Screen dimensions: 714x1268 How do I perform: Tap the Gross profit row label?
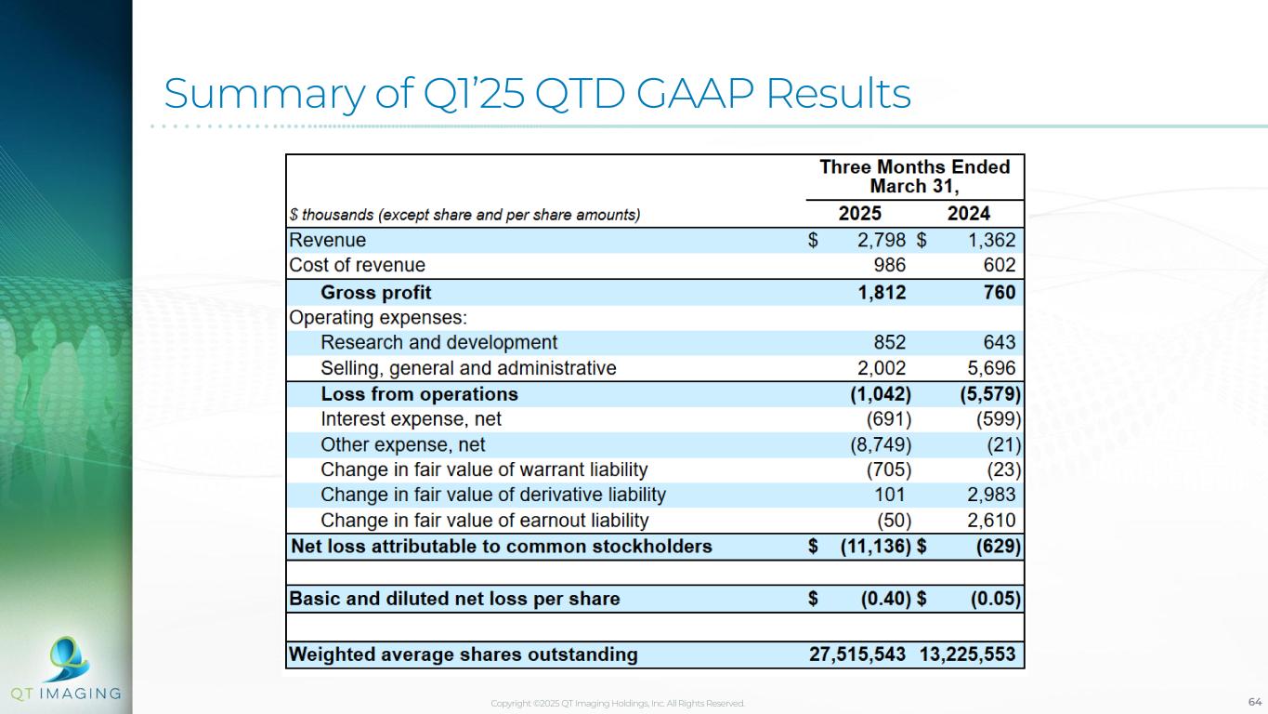[x=376, y=293]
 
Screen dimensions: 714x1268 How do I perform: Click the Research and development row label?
[x=439, y=342]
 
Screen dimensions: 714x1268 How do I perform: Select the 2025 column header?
[x=860, y=213]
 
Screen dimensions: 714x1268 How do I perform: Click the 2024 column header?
[x=969, y=213]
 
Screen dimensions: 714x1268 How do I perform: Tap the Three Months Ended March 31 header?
[x=914, y=176]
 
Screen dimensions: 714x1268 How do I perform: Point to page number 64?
[x=1255, y=701]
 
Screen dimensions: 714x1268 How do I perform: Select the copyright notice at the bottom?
[x=618, y=704]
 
